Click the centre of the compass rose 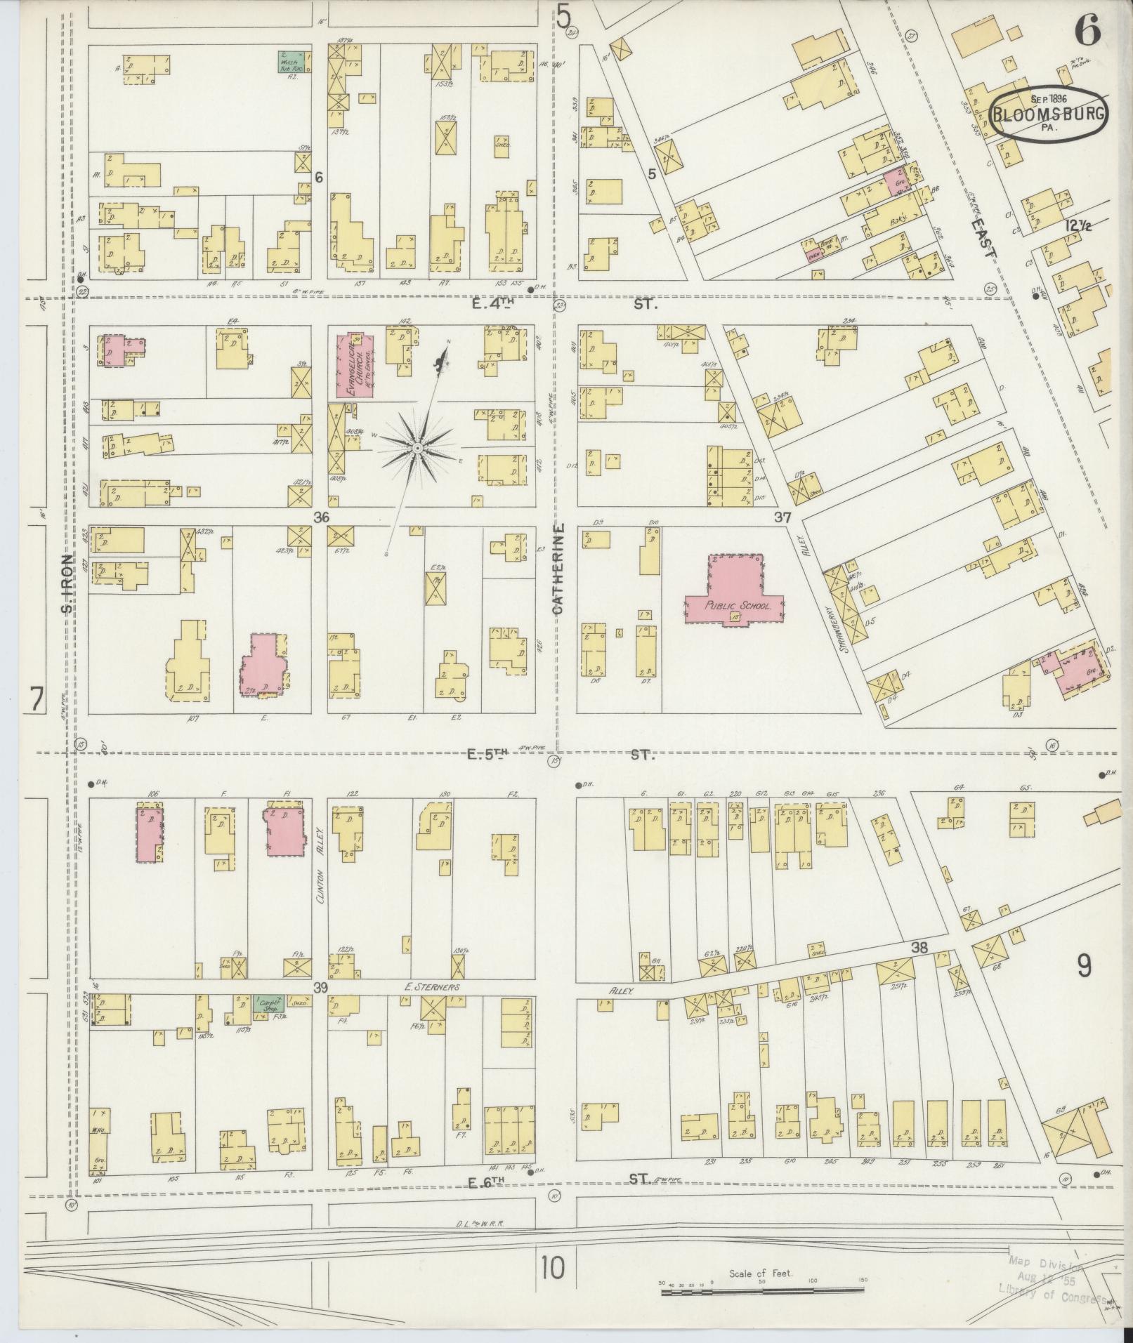[x=417, y=447]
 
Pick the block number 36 [x=322, y=518]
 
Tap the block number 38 [x=919, y=948]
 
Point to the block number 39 [x=322, y=988]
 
